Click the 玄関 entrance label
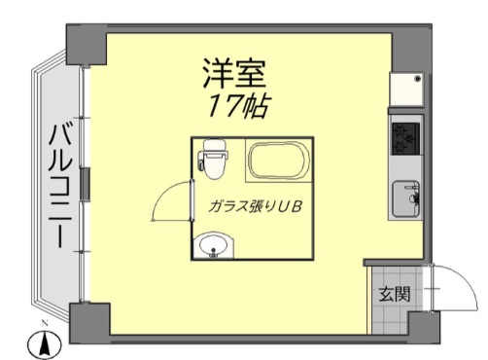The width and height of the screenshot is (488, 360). coord(394,293)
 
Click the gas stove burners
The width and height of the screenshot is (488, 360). coord(405,138)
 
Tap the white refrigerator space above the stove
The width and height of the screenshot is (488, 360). coord(407,93)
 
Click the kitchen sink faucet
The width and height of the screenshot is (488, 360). coord(415,198)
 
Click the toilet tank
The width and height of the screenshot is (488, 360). coord(215,150)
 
